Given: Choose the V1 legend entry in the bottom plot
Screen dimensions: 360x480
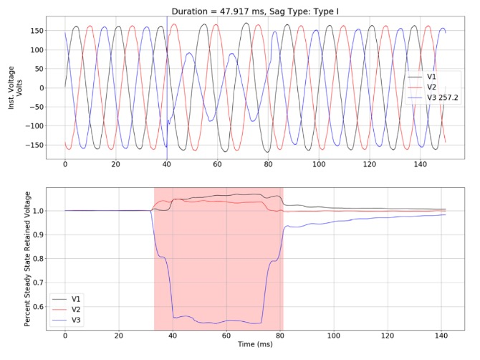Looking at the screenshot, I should (76, 298).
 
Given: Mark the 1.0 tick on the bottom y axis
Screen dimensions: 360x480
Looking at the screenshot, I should (37, 211).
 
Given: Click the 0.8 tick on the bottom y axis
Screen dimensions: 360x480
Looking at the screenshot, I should (37, 259).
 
